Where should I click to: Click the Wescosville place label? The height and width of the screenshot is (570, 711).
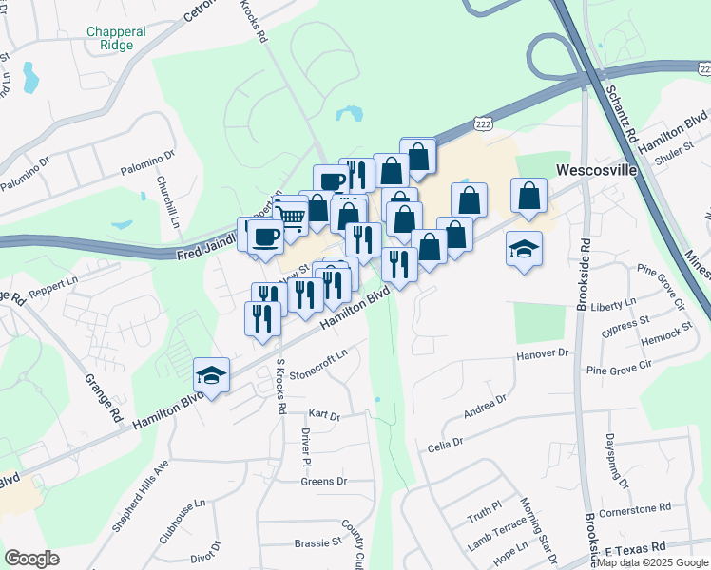[595, 171]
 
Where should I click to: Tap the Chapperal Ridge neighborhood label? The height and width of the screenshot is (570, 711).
[116, 38]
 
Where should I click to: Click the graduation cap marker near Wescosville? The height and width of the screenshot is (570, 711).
[524, 249]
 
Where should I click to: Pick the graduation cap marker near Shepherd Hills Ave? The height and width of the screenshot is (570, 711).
[211, 375]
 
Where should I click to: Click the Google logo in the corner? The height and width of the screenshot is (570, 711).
[31, 559]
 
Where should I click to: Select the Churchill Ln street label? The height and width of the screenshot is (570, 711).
[174, 194]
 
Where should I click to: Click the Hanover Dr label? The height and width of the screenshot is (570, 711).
[541, 353]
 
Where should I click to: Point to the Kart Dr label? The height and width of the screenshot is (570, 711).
[324, 414]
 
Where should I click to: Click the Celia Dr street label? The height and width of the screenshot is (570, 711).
[445, 444]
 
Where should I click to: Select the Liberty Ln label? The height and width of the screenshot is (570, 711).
[612, 303]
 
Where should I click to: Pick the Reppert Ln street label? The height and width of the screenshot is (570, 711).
[52, 286]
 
